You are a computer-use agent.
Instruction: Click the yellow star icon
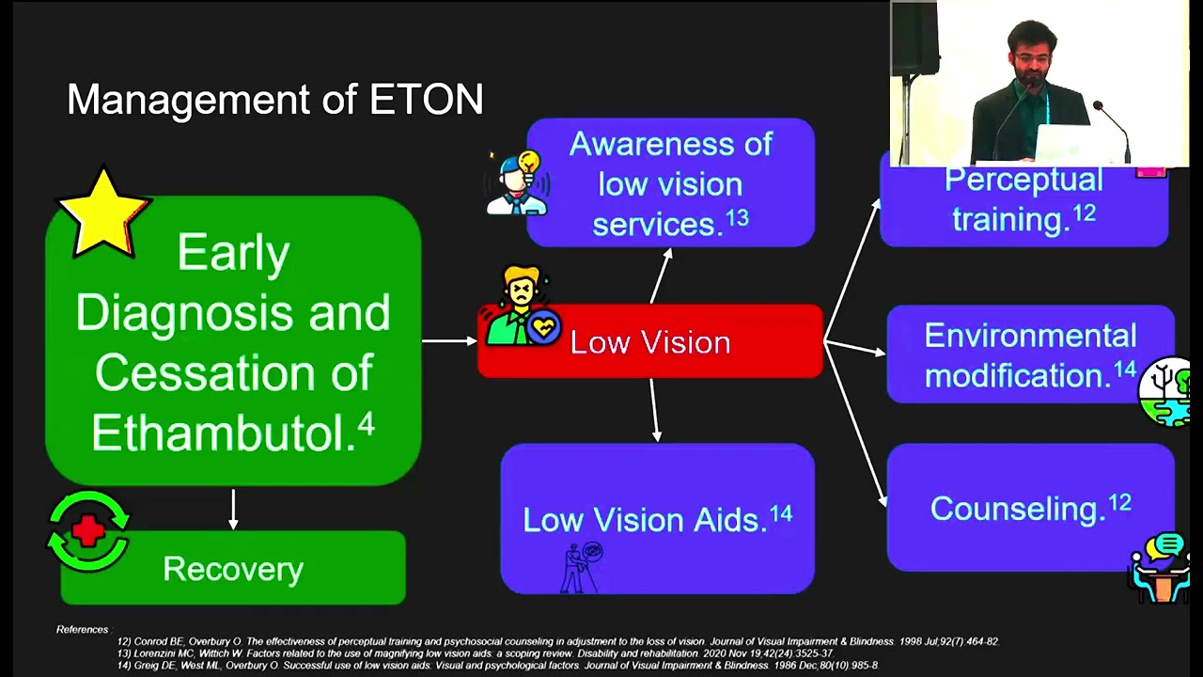point(102,213)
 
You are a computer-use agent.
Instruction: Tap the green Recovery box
point(233,569)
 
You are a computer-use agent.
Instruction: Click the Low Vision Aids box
point(658,519)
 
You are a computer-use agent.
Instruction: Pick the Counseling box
point(1030,508)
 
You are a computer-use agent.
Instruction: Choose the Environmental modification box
point(1030,354)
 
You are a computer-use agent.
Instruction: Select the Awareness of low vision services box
point(671,183)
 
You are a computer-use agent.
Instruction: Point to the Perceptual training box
point(1024,202)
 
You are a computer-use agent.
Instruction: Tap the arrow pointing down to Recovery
point(233,509)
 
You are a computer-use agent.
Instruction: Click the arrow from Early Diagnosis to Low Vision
point(449,340)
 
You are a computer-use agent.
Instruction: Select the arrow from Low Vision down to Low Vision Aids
point(655,410)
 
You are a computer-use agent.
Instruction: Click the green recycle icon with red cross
point(89,532)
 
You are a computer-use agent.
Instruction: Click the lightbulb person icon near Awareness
point(517,183)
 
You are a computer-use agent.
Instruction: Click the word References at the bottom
point(82,630)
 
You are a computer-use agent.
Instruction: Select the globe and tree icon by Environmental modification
point(1166,392)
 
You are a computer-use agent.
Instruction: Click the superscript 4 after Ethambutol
point(366,426)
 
